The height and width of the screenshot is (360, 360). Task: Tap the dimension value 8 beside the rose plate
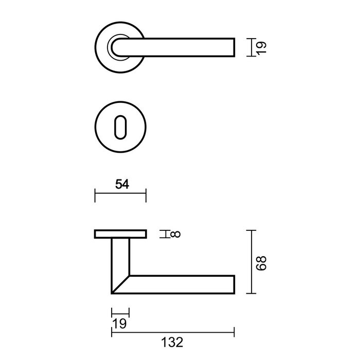tap(176, 235)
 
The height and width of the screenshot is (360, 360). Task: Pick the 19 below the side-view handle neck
tap(119, 323)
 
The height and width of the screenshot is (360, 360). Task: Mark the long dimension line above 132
tap(173, 329)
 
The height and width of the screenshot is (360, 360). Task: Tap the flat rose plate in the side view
tap(120, 235)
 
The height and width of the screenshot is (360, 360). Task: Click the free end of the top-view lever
tap(234, 47)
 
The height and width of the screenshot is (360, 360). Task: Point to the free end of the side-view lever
tap(234, 284)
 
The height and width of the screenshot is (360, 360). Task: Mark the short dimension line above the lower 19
tap(120, 312)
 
